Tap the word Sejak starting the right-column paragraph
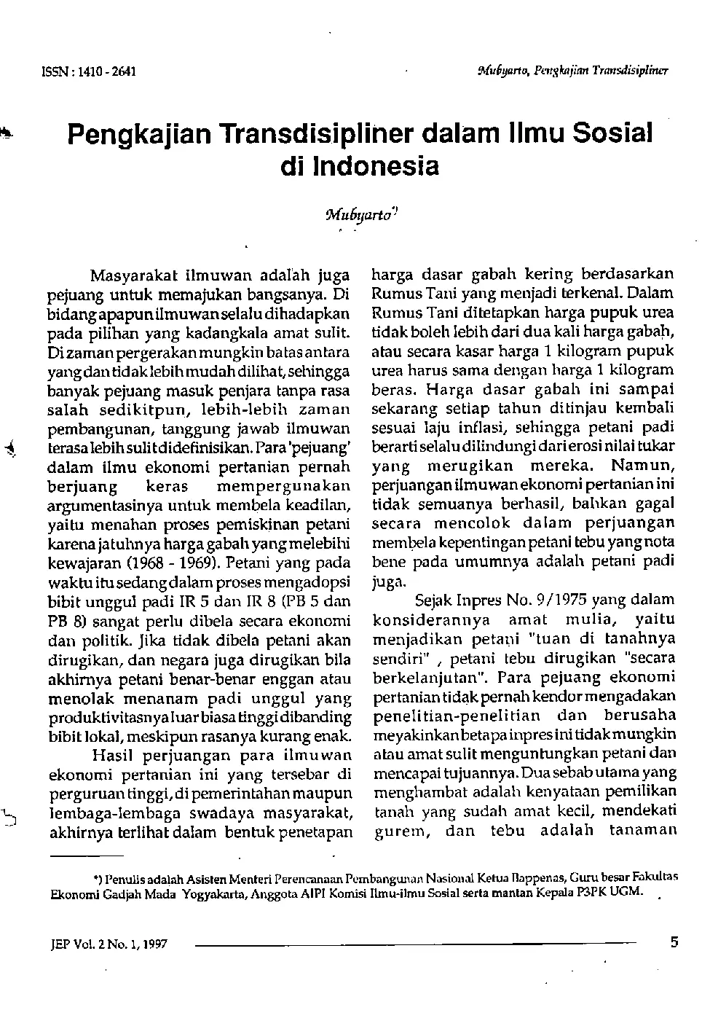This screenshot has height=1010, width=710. [x=433, y=600]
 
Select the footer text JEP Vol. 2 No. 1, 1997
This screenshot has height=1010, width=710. [x=105, y=944]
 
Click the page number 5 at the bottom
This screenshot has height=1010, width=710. [x=674, y=942]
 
